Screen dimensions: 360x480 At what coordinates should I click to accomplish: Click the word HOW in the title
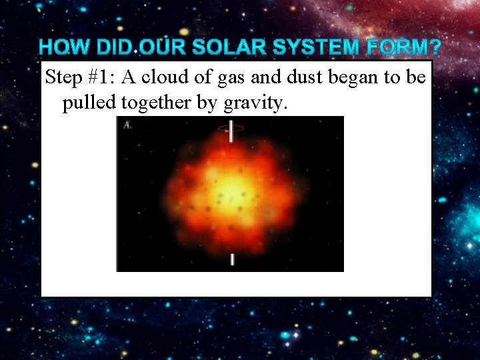click(65, 48)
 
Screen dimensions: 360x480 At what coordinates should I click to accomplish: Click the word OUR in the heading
click(163, 48)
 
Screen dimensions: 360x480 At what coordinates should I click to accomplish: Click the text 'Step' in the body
click(64, 78)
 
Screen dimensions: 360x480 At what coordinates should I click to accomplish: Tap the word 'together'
click(147, 103)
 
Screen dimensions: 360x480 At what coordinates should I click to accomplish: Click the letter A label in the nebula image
click(127, 125)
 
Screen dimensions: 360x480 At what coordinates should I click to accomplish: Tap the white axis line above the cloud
click(231, 131)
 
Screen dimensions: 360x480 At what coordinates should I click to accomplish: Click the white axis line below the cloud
click(232, 259)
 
